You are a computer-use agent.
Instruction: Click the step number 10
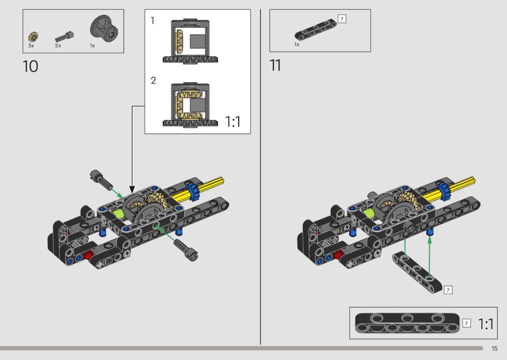[30, 66]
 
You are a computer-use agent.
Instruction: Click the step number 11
[275, 65]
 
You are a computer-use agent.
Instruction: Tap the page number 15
[494, 348]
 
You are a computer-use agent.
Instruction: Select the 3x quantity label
[31, 46]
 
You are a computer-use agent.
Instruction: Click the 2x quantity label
[58, 46]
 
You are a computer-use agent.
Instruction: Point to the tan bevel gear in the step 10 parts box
[33, 37]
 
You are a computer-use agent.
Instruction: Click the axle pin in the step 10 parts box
[65, 37]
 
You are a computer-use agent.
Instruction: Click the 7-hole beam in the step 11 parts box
[316, 30]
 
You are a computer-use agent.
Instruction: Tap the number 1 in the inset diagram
[153, 21]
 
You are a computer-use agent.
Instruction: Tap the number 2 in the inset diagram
[153, 80]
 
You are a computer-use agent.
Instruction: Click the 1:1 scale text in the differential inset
[233, 122]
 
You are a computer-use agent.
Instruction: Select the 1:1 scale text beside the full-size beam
[486, 324]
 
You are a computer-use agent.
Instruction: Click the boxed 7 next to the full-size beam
[466, 323]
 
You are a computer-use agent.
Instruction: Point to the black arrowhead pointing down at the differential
[132, 190]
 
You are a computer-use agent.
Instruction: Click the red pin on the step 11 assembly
[338, 255]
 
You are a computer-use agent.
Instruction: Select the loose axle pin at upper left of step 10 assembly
[100, 179]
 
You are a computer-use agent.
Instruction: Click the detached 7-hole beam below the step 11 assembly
[417, 273]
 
